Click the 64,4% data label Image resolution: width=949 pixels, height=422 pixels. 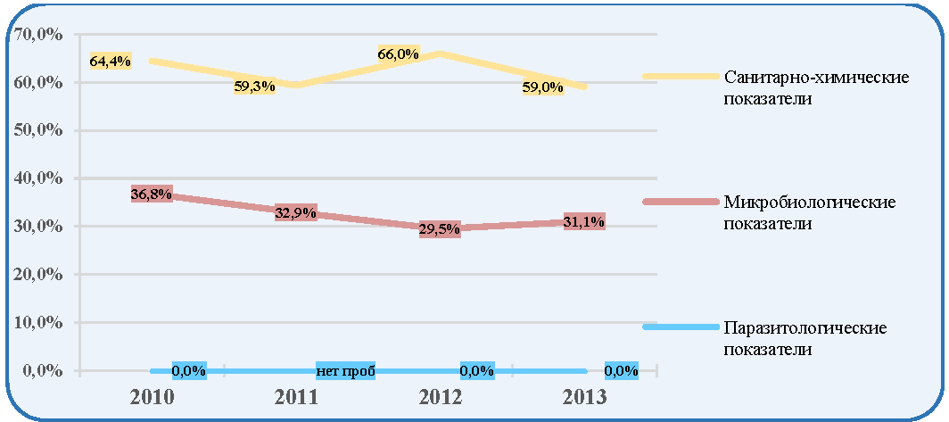tap(111, 61)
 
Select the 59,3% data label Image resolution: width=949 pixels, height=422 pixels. tap(254, 87)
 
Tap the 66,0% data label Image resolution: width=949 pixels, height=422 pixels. tap(398, 54)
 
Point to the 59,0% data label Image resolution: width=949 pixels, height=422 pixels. tap(542, 87)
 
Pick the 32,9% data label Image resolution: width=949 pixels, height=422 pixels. tap(295, 212)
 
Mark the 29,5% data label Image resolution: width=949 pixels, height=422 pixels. tap(440, 230)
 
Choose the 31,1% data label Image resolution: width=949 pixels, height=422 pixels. tap(583, 221)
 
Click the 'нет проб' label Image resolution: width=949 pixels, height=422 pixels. tap(345, 370)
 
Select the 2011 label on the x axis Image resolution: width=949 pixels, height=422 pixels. tap(296, 396)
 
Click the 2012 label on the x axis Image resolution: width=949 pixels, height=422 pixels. tap(441, 396)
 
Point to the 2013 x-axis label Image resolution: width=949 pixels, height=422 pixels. tap(584, 396)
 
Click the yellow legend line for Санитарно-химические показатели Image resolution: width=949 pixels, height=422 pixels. tap(679, 77)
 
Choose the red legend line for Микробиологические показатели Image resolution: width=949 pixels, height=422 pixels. tap(679, 202)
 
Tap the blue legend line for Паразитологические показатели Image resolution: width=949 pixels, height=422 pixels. tap(679, 327)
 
